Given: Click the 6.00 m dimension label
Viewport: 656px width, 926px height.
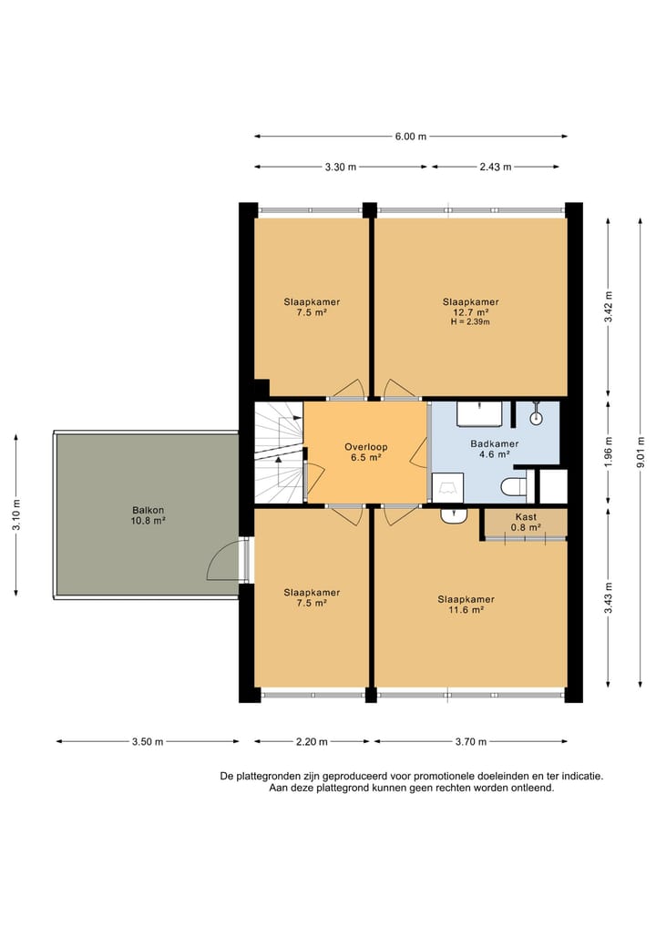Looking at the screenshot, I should [x=410, y=137].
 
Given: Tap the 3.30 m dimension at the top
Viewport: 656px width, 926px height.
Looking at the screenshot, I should [x=340, y=167].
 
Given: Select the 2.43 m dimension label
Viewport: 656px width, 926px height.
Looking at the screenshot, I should [x=495, y=167].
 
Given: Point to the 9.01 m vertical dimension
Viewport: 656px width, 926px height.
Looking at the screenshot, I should [x=641, y=453].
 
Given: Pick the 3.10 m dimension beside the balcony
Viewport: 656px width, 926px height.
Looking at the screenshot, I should [x=16, y=515].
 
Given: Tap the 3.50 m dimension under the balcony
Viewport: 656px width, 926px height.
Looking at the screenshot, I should [x=148, y=741].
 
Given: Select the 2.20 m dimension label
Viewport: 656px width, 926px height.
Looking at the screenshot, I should [x=312, y=741].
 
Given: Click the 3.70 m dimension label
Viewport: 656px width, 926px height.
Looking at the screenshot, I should [x=469, y=741].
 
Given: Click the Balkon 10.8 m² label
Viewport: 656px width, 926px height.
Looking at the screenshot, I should [x=148, y=515].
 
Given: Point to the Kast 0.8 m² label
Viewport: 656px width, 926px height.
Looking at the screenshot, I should [x=526, y=522].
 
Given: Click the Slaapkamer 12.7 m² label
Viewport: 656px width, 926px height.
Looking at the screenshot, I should [x=470, y=307].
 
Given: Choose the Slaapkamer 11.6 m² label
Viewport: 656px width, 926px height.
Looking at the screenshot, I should [x=466, y=604].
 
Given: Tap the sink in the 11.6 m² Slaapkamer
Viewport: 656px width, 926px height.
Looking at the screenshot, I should [x=453, y=516].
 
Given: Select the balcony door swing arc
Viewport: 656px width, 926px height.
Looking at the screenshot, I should [x=221, y=565].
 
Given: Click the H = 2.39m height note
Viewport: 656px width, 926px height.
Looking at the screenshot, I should [x=470, y=322].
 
